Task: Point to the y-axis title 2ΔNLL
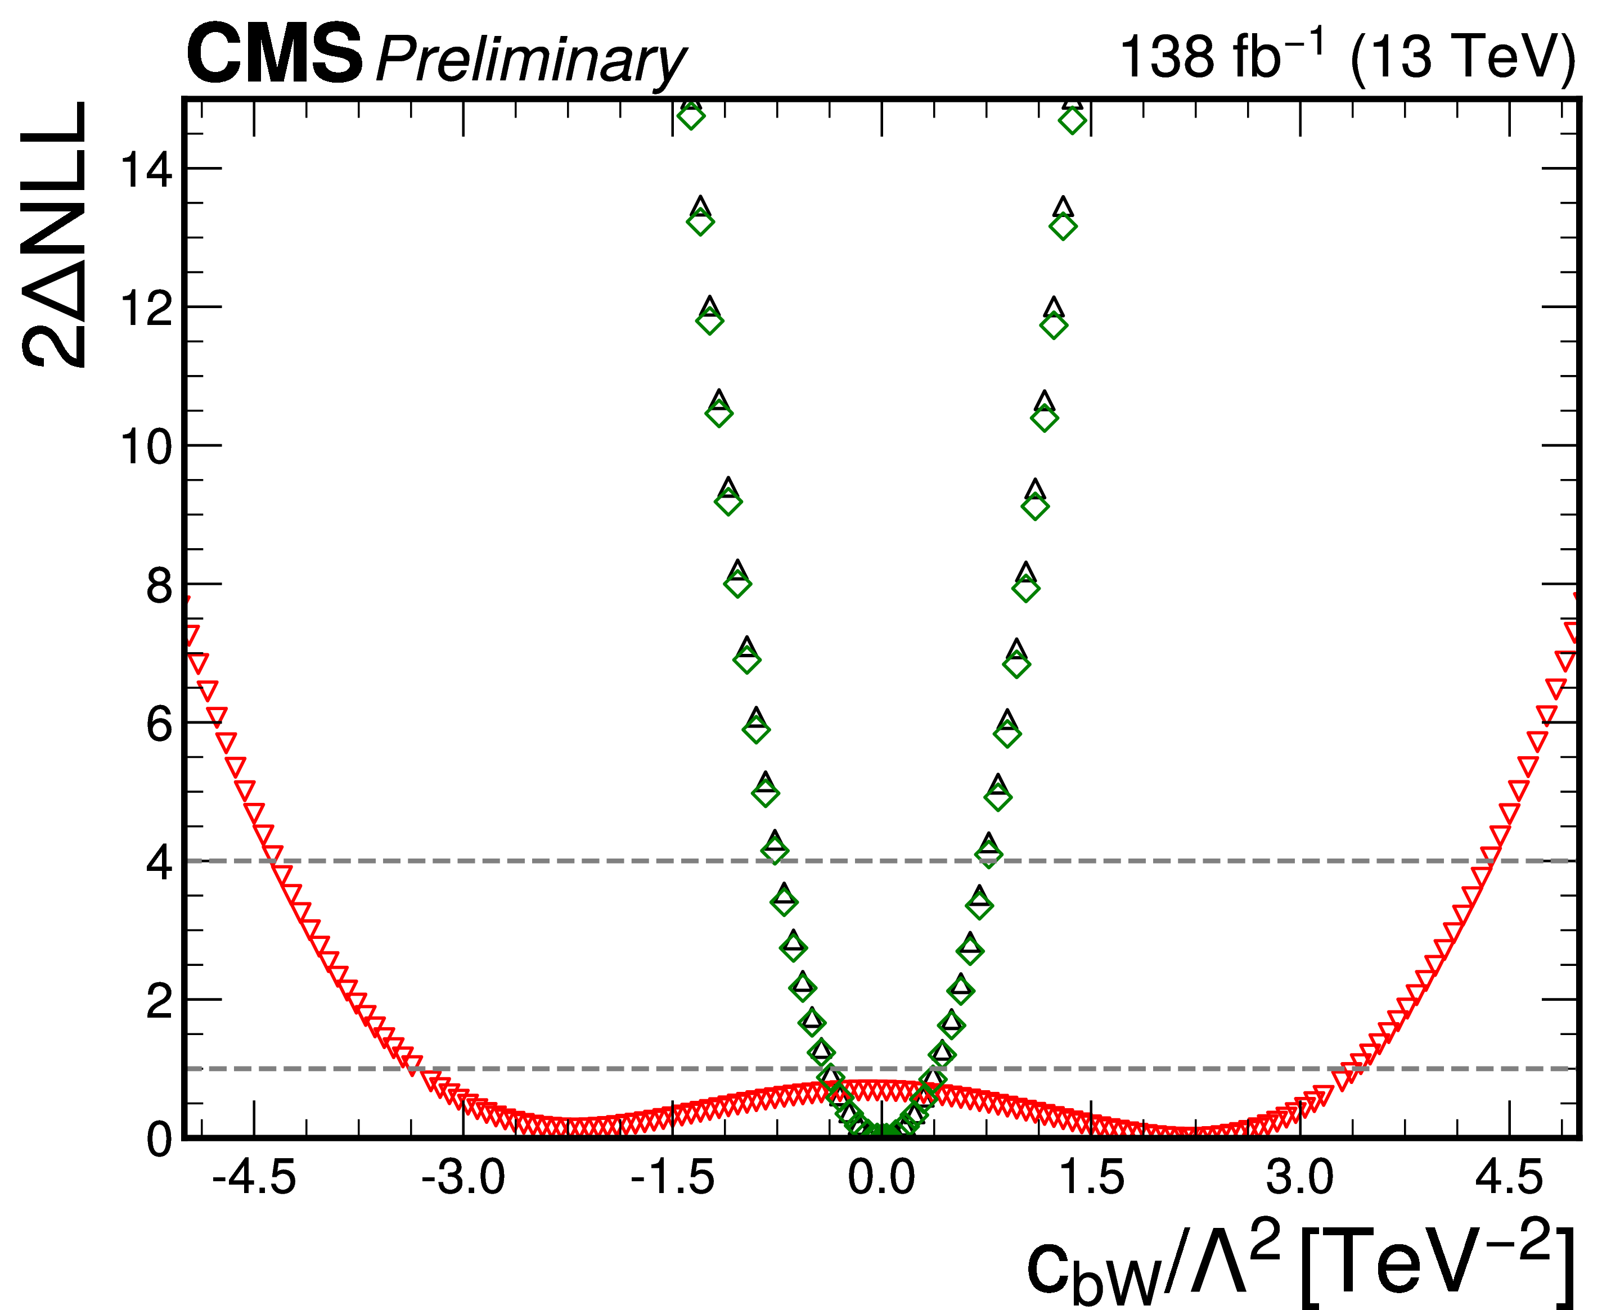pyautogui.click(x=55, y=234)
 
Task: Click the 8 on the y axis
pyautogui.click(x=159, y=585)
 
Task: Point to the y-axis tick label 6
pyautogui.click(x=159, y=724)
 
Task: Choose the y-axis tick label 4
pyautogui.click(x=159, y=862)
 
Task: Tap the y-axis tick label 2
pyautogui.click(x=159, y=1001)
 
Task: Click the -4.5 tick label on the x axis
pyautogui.click(x=254, y=1177)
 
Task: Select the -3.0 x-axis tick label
pyautogui.click(x=463, y=1177)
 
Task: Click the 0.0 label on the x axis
pyautogui.click(x=881, y=1177)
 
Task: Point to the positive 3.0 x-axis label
pyautogui.click(x=1300, y=1177)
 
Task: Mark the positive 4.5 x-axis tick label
pyautogui.click(x=1509, y=1177)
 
